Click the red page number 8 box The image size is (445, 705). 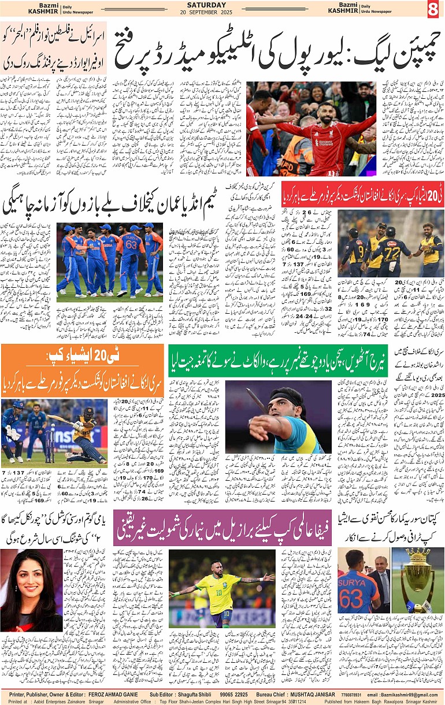(435, 10)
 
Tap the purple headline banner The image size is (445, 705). (222, 528)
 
